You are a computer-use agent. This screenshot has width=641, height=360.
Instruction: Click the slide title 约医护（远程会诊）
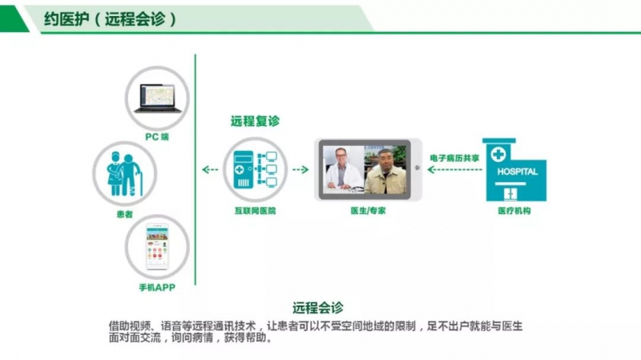coord(110,18)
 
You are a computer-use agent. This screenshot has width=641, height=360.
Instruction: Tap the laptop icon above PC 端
coord(158,98)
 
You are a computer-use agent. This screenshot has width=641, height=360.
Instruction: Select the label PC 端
coord(157,136)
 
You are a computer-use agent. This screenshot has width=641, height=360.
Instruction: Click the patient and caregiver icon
coord(124,173)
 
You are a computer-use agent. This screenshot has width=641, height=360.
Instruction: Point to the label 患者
coord(125,214)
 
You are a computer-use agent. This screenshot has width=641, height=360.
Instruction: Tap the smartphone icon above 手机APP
coord(157,247)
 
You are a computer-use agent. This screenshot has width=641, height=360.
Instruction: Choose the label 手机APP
coord(157,288)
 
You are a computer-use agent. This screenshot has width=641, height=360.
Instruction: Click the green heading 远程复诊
coord(255,121)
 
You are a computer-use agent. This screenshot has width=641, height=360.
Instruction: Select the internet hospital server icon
coord(255,169)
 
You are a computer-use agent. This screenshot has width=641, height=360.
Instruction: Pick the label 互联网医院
coord(255,211)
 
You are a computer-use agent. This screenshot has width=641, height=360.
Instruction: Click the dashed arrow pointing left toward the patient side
coord(210,169)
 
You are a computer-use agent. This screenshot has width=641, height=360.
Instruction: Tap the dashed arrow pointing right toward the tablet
coord(300,169)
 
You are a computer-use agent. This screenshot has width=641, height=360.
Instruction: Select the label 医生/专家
coord(368,211)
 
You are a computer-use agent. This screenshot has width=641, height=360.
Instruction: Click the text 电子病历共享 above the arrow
coord(454,158)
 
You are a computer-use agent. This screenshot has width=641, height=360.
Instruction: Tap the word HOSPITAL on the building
coord(517,172)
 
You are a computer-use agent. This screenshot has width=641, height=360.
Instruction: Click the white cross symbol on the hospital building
coord(498,155)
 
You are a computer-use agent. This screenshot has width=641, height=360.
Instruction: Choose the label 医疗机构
coord(514,211)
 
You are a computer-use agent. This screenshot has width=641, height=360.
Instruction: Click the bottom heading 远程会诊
coord(317,307)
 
